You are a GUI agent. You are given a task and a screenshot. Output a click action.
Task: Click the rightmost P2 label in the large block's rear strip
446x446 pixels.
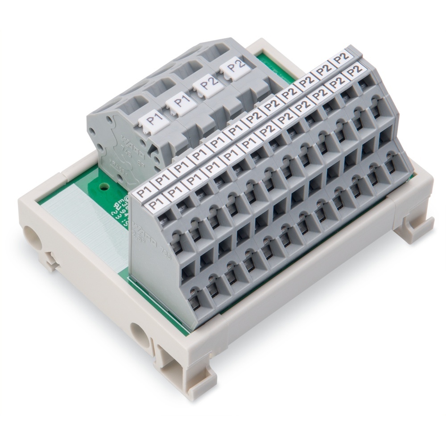(x=342, y=58)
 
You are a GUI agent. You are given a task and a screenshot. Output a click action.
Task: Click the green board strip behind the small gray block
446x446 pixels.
(x=268, y=62)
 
